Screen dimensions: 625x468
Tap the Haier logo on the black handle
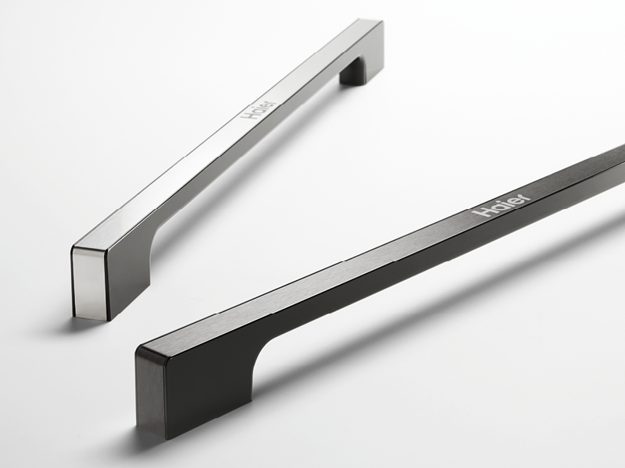[x=502, y=205]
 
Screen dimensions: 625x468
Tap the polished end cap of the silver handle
[x=90, y=284]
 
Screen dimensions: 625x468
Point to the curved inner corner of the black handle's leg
[x=262, y=350]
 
